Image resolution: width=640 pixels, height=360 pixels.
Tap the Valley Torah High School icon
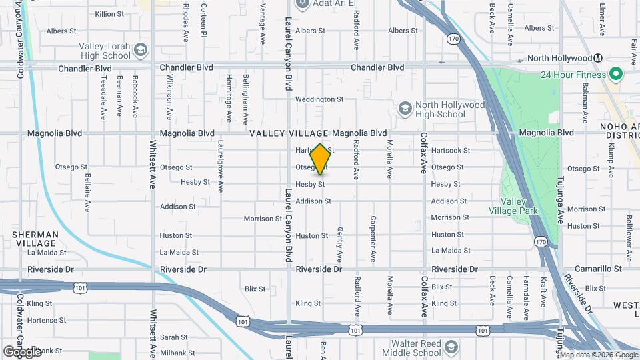click(141, 50)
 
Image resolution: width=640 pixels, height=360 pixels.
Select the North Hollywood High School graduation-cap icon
click(405, 109)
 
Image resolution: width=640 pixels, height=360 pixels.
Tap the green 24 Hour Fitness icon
click(616, 74)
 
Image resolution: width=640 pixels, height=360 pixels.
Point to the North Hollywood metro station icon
click(599, 58)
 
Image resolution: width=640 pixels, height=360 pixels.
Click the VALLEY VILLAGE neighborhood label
click(289, 133)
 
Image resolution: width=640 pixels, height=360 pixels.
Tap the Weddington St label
click(319, 99)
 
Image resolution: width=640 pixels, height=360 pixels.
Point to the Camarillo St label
click(599, 269)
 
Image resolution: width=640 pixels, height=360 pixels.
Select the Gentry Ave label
click(339, 244)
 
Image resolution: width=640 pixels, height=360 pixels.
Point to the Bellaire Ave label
click(87, 193)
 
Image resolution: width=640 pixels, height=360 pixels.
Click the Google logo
click(22, 351)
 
